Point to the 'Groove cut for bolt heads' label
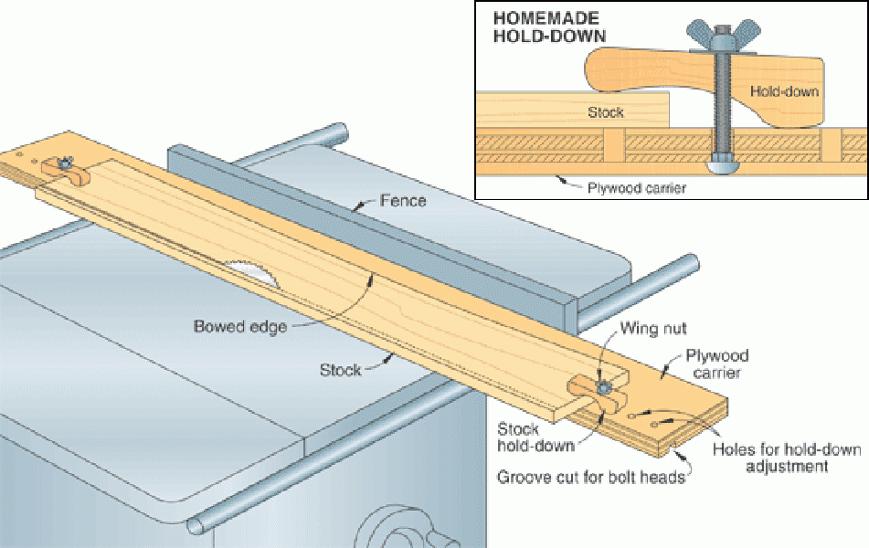coord(590,477)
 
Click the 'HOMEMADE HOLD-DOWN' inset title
coord(547,27)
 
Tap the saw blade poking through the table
coord(250,271)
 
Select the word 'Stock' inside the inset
coord(605,112)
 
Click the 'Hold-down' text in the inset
coord(784,91)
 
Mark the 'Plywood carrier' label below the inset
coord(637,188)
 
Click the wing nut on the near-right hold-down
coord(604,386)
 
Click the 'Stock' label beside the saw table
coord(339,370)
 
